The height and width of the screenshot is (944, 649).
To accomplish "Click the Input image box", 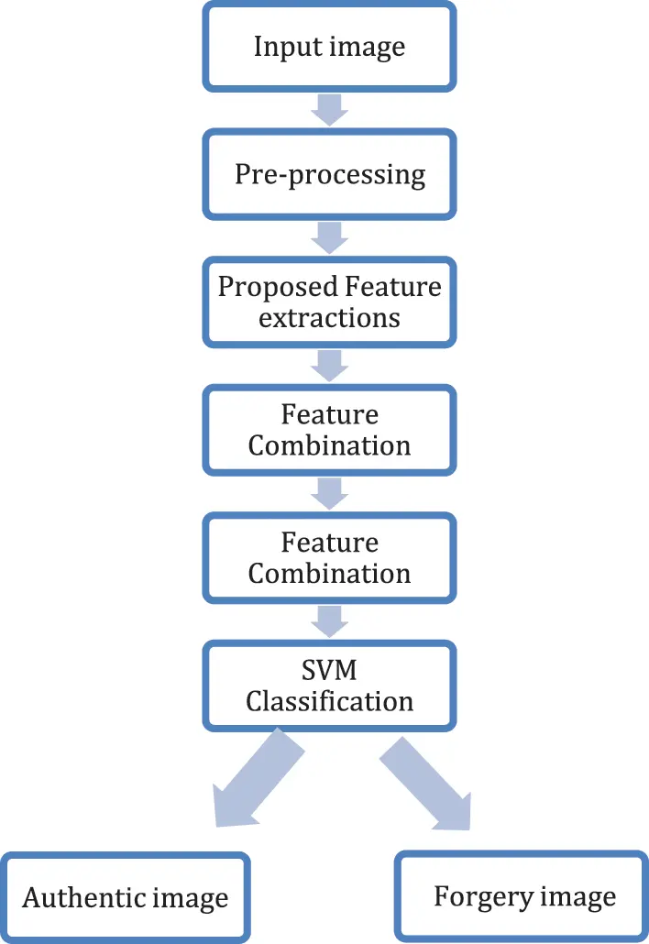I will [x=329, y=47].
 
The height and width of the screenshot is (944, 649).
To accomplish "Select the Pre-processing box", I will [x=329, y=174].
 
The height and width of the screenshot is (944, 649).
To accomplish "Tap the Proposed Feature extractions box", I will [x=329, y=302].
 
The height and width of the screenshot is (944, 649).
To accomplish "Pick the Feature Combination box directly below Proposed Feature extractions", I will [x=329, y=431].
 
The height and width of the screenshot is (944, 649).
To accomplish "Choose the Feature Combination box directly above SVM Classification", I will [x=329, y=558].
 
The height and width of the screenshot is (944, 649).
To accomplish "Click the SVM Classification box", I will [x=329, y=686].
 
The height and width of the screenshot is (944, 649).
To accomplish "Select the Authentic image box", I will [x=126, y=896].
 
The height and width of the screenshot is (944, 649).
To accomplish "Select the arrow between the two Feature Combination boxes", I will [x=329, y=495].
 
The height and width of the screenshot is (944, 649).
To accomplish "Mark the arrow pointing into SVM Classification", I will [x=329, y=622].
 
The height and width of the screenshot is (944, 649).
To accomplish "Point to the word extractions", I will [x=329, y=318].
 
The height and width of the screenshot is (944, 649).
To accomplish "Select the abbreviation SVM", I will [x=329, y=670].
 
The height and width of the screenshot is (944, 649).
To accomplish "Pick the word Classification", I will [x=329, y=702].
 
